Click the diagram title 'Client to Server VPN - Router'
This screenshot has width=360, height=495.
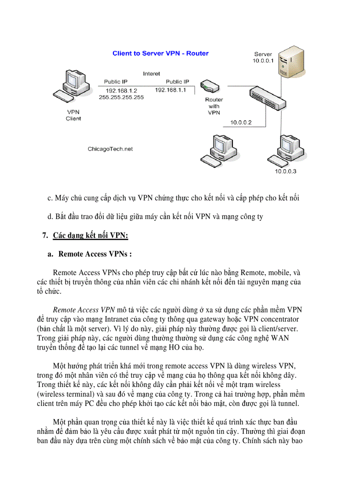pos(161,53)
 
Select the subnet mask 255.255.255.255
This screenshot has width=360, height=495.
pos(121,97)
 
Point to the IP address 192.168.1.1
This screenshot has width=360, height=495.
pos(170,90)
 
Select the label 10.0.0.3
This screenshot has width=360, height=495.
pos(285,171)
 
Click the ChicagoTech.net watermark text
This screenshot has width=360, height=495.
pos(110,149)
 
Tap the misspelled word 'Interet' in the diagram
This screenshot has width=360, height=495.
pos(151,74)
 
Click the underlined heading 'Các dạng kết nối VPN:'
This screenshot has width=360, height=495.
pos(90,235)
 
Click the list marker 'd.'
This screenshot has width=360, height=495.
pos(50,217)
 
